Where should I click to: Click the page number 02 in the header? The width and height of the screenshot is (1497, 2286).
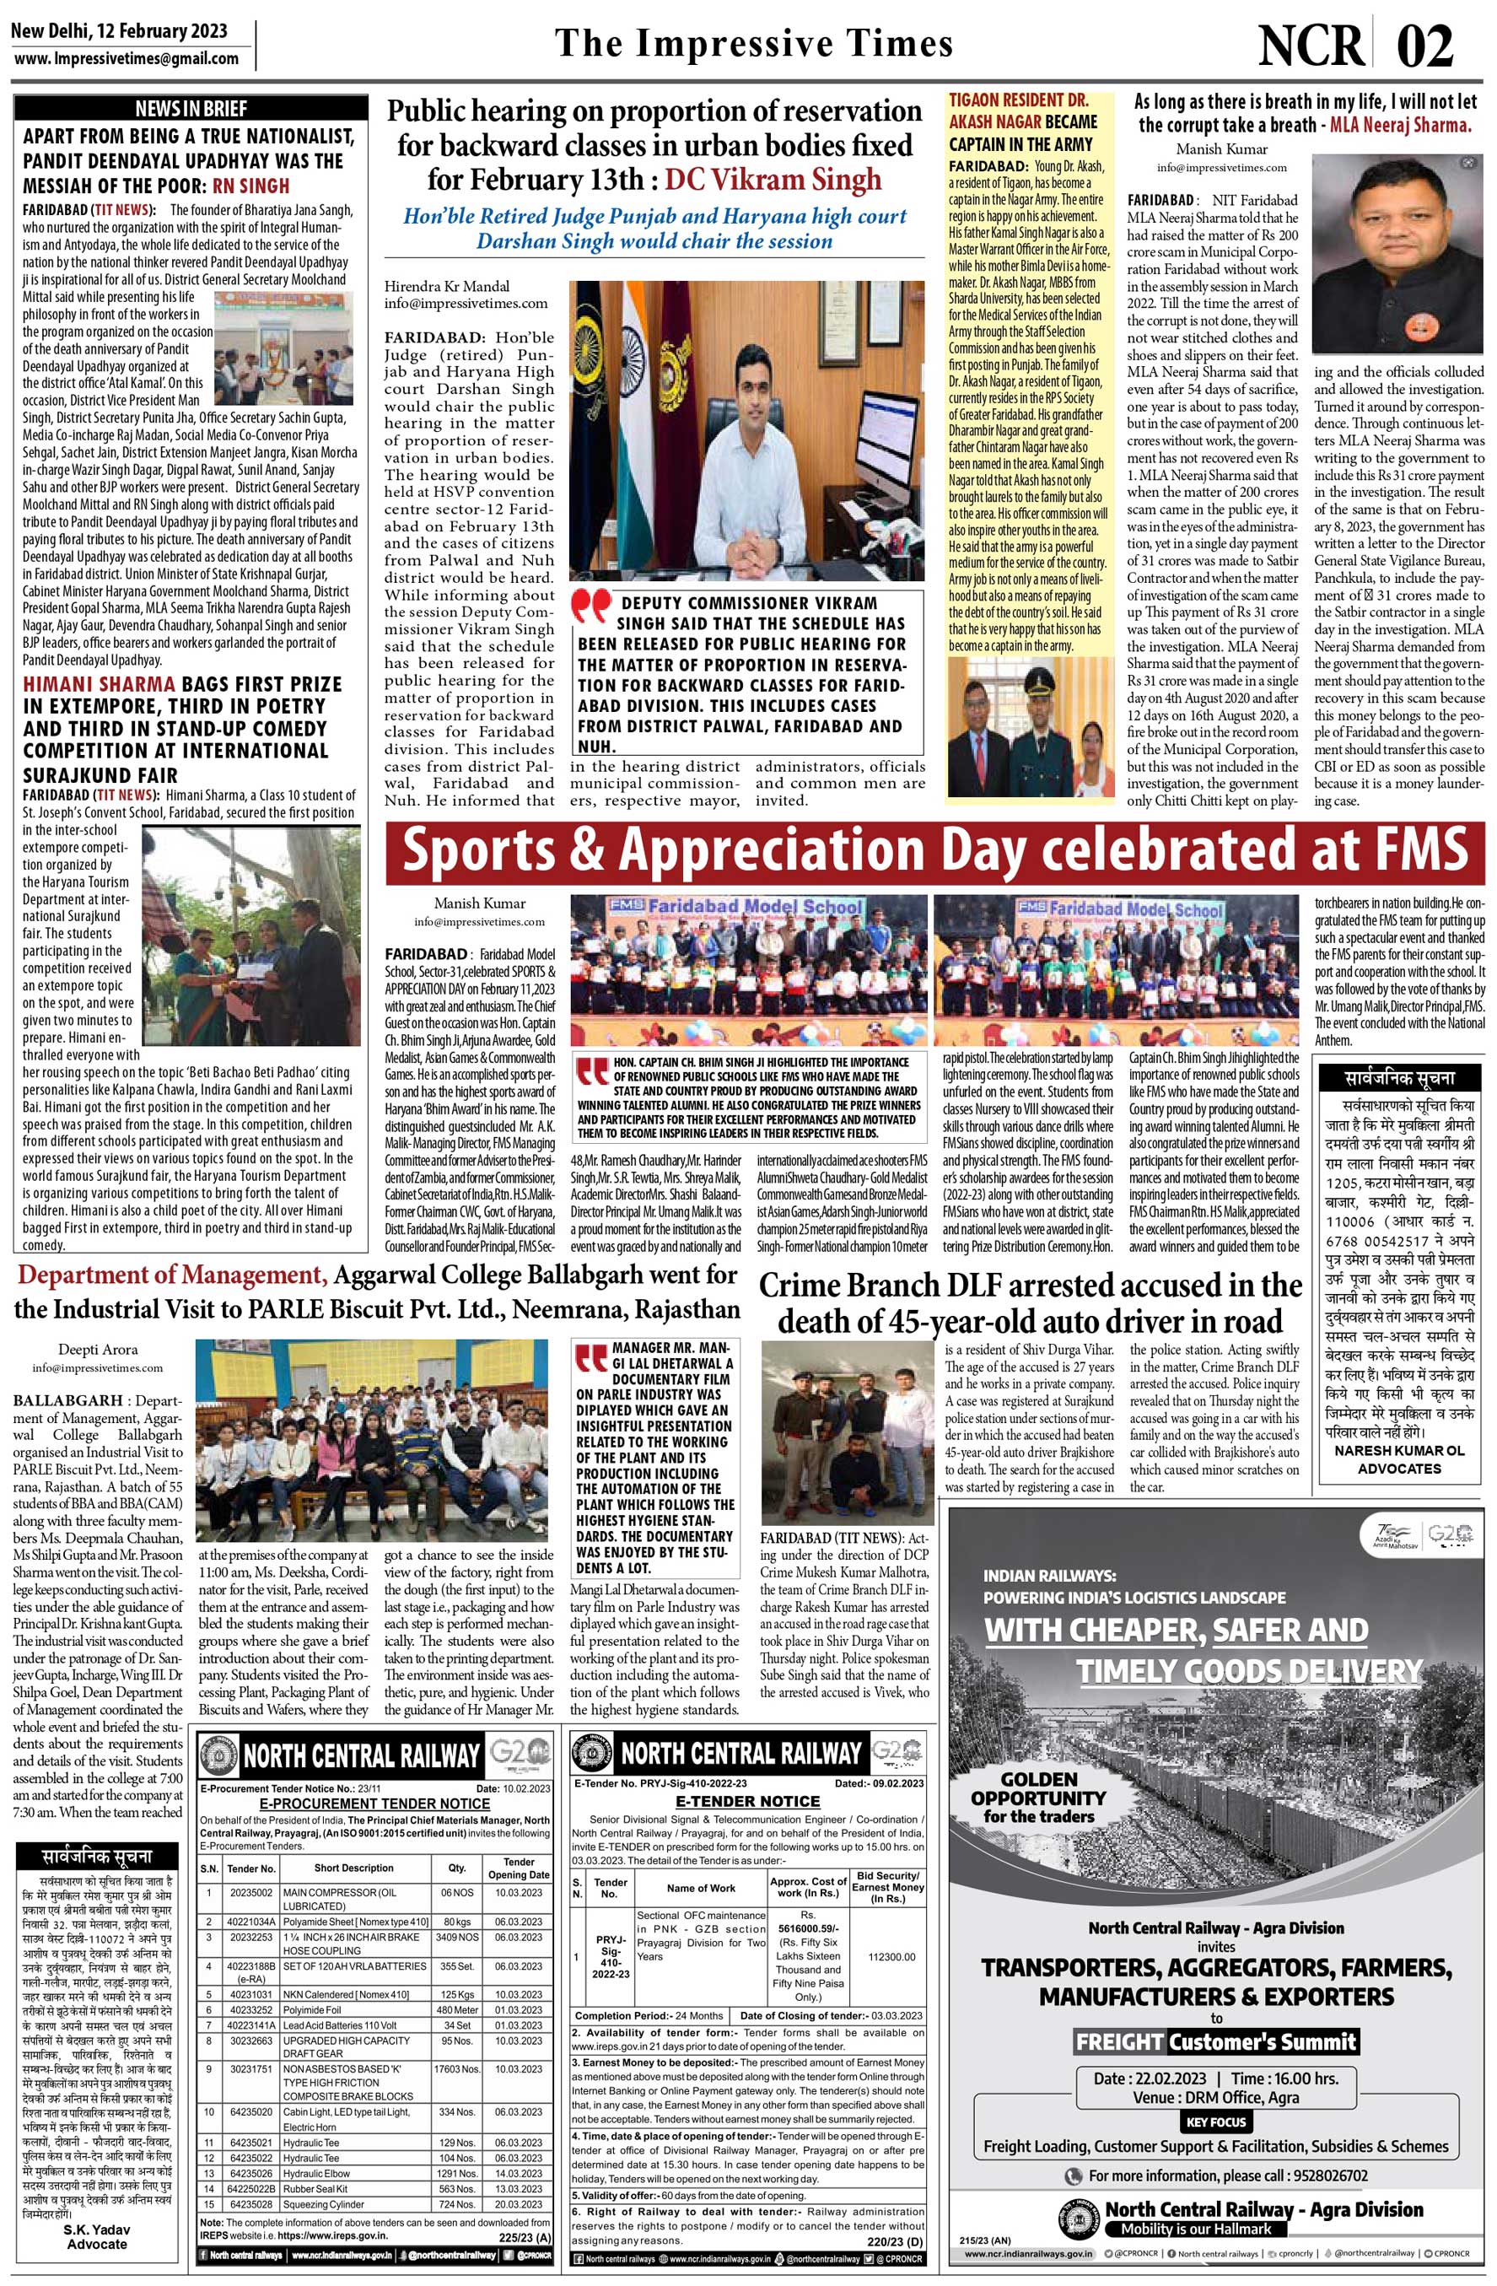click(1424, 46)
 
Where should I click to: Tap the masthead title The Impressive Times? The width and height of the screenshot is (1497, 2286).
click(754, 44)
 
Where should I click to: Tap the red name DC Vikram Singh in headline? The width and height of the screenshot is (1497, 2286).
click(773, 180)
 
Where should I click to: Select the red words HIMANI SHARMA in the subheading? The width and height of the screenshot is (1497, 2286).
click(99, 684)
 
